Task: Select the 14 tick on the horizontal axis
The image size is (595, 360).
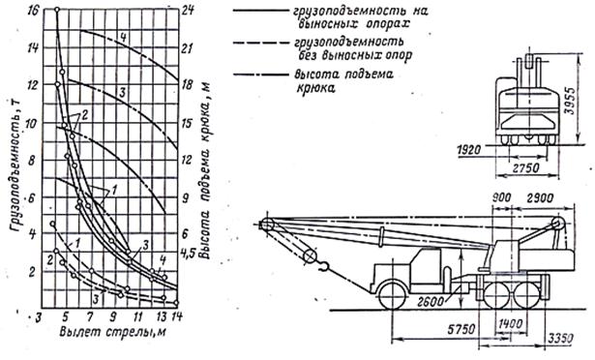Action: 178,315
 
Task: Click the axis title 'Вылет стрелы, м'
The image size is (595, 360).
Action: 105,335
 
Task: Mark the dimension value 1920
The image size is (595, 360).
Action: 469,153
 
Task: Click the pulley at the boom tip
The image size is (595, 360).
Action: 266,225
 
